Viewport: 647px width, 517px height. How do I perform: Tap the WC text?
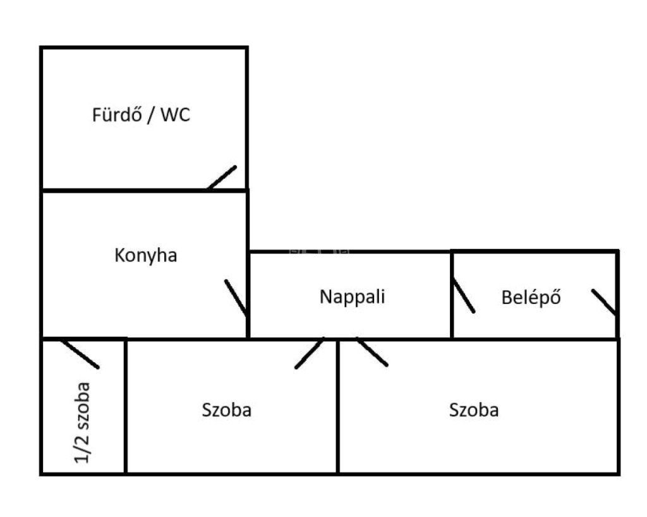tap(176, 116)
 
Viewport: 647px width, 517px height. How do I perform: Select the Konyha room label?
tap(146, 256)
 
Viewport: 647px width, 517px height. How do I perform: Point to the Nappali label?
tap(352, 296)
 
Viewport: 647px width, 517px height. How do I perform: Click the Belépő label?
tap(531, 297)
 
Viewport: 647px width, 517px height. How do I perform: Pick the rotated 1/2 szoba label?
tap(83, 422)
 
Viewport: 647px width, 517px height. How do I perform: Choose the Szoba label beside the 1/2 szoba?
tap(227, 410)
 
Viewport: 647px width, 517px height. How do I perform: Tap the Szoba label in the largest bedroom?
tap(474, 410)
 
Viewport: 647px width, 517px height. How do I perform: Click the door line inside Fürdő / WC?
tap(222, 178)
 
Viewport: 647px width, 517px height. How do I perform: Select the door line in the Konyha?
tap(236, 298)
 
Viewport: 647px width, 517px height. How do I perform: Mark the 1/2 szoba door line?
tap(80, 354)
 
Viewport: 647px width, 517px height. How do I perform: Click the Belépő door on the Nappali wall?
tap(463, 295)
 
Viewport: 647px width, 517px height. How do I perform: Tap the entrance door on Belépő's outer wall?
tap(603, 302)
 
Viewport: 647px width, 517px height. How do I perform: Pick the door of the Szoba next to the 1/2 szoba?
tap(309, 353)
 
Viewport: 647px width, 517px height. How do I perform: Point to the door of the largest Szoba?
tap(372, 352)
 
